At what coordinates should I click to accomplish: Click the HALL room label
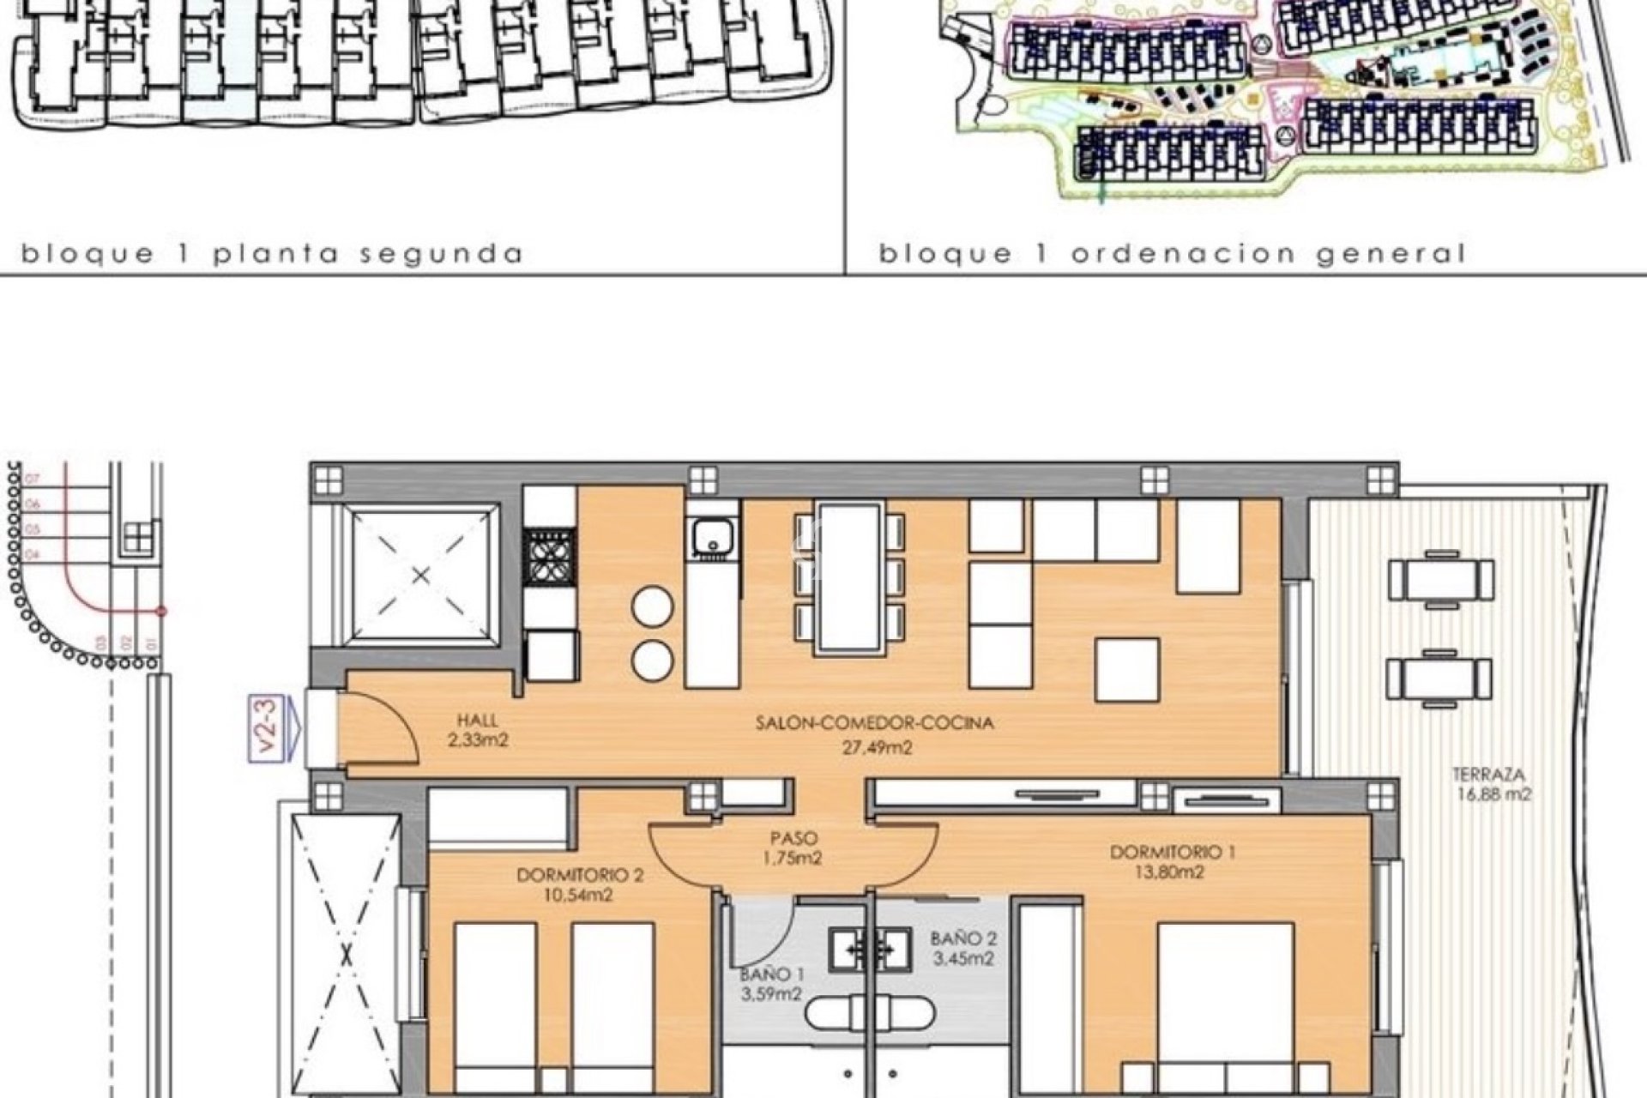[x=478, y=721]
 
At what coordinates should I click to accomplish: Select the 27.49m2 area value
[x=875, y=748]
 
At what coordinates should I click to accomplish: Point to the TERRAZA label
[x=1493, y=772]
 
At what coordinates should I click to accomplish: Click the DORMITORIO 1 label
[x=1172, y=853]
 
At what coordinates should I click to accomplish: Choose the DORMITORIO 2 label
[x=580, y=876]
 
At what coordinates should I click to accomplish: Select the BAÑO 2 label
[x=963, y=939]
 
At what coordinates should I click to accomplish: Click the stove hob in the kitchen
[x=551, y=557]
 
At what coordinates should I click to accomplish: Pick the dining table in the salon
[x=849, y=577]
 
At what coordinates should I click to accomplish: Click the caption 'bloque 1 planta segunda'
[x=272, y=254]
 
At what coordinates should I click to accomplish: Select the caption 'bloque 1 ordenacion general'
[x=1172, y=254]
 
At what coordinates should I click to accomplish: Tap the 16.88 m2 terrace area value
[x=1493, y=794]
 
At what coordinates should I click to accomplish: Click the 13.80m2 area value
[x=1172, y=873]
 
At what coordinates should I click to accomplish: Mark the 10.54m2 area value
[x=580, y=896]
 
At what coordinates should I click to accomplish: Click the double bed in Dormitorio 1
[x=1225, y=1004]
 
